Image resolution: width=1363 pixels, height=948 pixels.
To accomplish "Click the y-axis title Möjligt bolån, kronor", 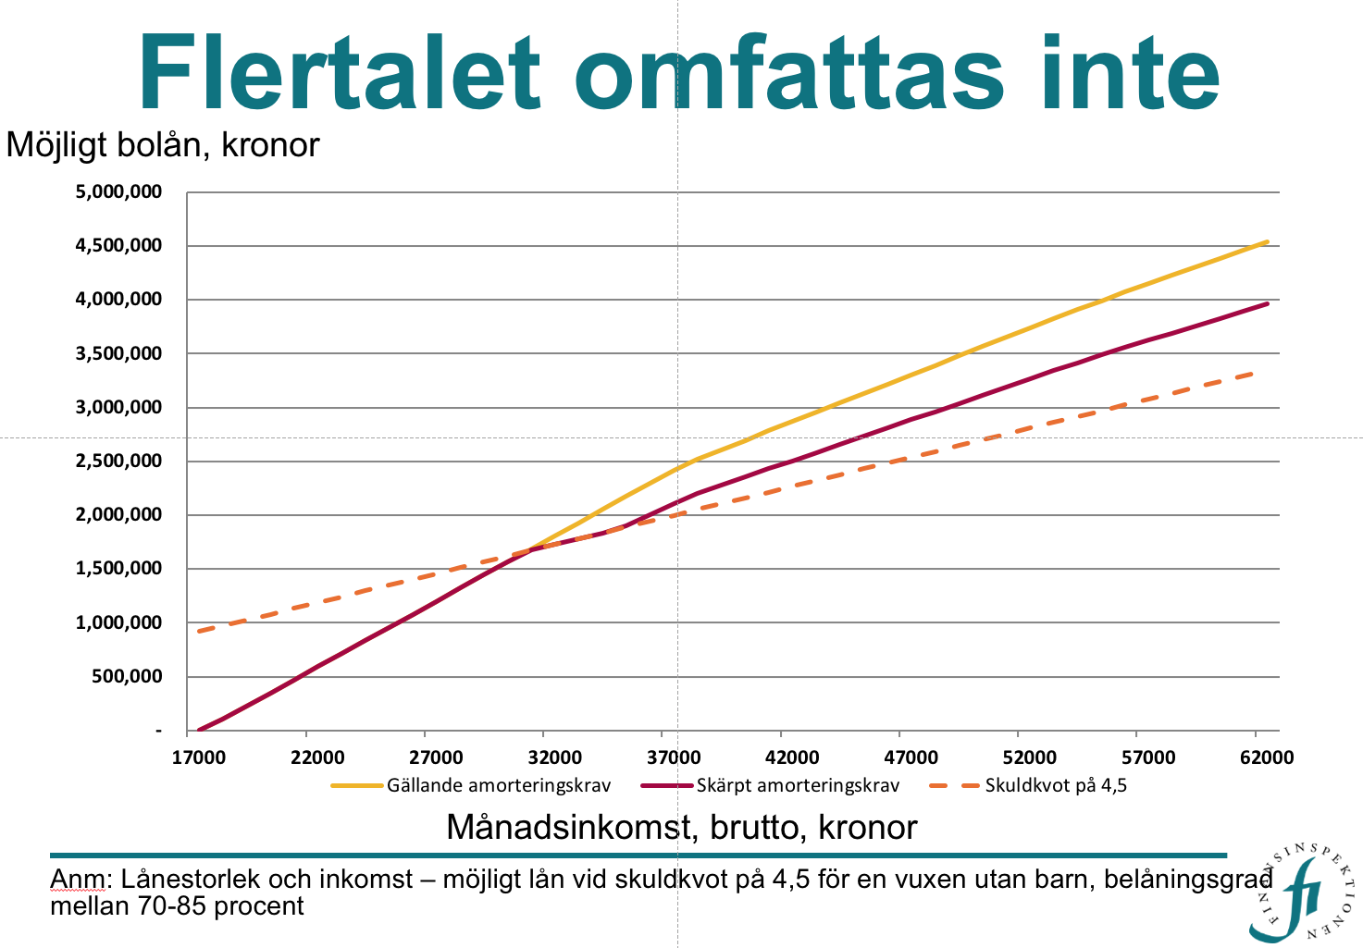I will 163,145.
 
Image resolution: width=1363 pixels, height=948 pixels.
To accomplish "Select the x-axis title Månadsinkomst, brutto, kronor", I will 681,827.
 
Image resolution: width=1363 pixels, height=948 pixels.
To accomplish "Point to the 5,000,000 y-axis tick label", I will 118,192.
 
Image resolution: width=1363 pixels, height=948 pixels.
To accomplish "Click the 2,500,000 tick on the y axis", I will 118,462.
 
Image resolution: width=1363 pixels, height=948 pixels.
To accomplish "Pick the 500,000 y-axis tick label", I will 128,677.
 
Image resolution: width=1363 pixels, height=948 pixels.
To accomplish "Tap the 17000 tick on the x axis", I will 199,757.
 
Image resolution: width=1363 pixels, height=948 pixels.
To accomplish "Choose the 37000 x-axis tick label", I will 674,757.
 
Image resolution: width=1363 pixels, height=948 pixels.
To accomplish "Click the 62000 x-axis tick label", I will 1267,757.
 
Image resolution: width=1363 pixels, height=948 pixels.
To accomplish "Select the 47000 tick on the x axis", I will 911,757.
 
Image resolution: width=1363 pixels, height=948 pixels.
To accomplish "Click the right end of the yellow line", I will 1267,242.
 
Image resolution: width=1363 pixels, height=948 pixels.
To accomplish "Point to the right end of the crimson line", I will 1267,303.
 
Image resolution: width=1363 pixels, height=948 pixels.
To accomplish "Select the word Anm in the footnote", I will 77,879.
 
